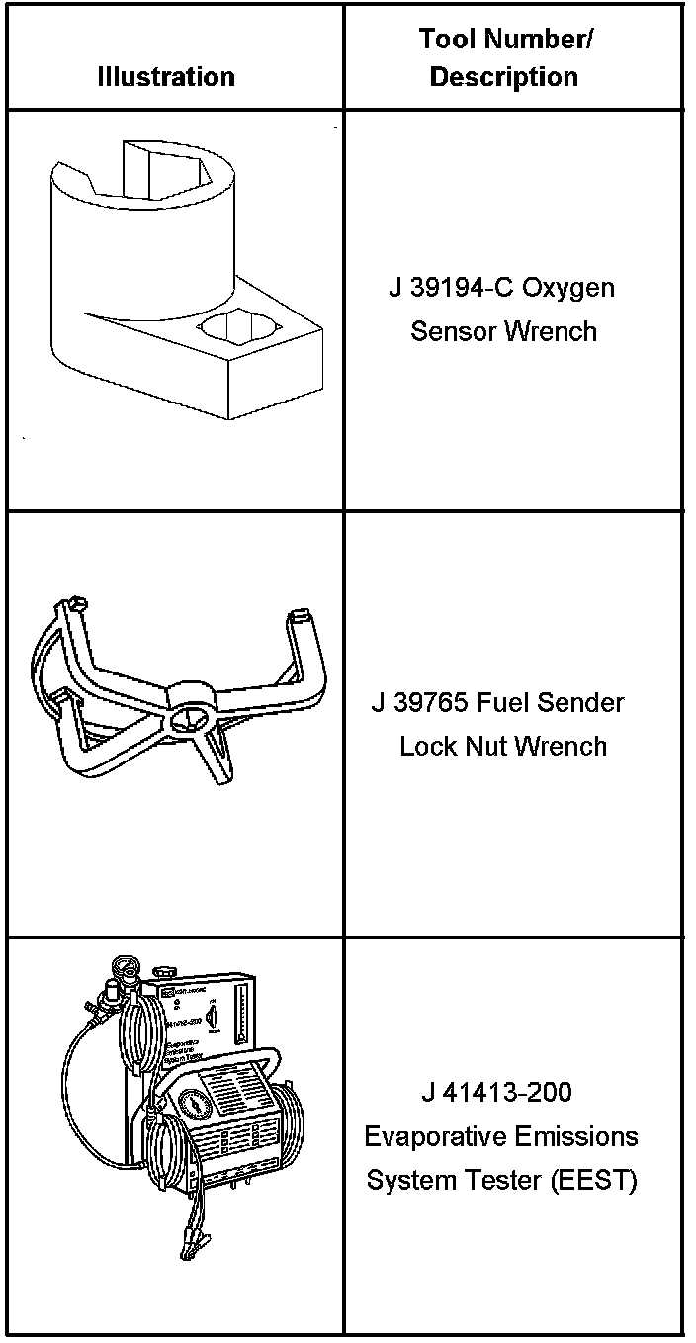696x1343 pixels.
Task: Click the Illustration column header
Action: click(x=166, y=77)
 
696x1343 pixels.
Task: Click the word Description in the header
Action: click(x=504, y=77)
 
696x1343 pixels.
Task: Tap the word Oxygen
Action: click(x=568, y=289)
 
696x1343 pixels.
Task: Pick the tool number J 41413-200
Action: click(x=496, y=1093)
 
